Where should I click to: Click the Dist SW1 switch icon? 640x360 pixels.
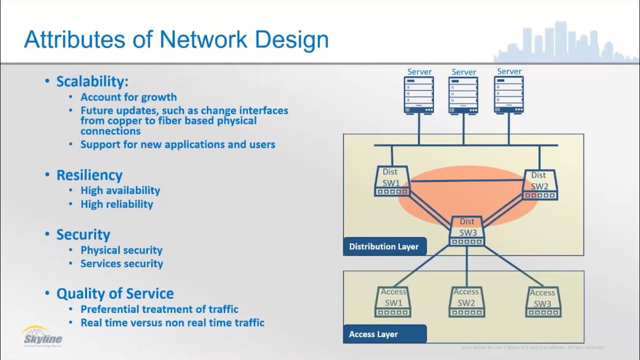392,181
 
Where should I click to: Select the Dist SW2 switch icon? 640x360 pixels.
540,185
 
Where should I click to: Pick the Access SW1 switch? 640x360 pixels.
393,302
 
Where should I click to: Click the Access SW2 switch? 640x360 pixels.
466,302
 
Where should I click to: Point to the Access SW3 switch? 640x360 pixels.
543,302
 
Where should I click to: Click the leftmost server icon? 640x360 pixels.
419,94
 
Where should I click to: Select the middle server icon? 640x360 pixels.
463,94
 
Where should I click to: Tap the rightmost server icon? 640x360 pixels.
509,94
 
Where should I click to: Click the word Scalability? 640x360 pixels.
92,81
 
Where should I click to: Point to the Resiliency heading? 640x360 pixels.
89,175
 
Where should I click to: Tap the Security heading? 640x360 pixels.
83,234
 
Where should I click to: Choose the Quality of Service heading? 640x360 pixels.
115,293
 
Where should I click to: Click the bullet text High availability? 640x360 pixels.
120,190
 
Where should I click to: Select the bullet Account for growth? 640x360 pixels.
128,97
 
